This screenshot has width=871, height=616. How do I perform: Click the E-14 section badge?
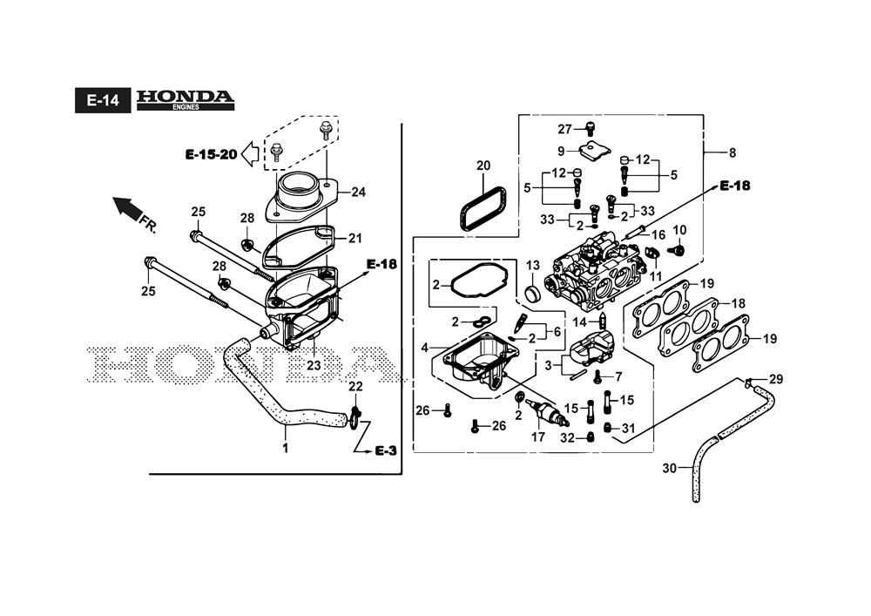103,100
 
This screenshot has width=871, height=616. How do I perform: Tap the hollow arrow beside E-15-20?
250,154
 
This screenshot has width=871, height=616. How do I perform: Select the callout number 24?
358,193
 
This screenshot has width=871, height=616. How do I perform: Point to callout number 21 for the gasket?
355,238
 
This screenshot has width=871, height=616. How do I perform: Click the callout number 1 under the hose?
286,448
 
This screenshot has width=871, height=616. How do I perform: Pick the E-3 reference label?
386,450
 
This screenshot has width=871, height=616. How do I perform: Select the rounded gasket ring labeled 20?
483,208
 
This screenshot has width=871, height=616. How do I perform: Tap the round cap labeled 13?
533,292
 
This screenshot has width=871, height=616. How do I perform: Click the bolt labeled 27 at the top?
591,128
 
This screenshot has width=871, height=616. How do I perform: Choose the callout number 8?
733,152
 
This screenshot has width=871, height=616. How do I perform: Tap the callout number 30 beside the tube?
670,468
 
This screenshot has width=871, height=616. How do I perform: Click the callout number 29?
776,379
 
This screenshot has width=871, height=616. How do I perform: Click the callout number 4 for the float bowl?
425,348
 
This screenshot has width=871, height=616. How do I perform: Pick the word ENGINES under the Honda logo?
186,107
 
